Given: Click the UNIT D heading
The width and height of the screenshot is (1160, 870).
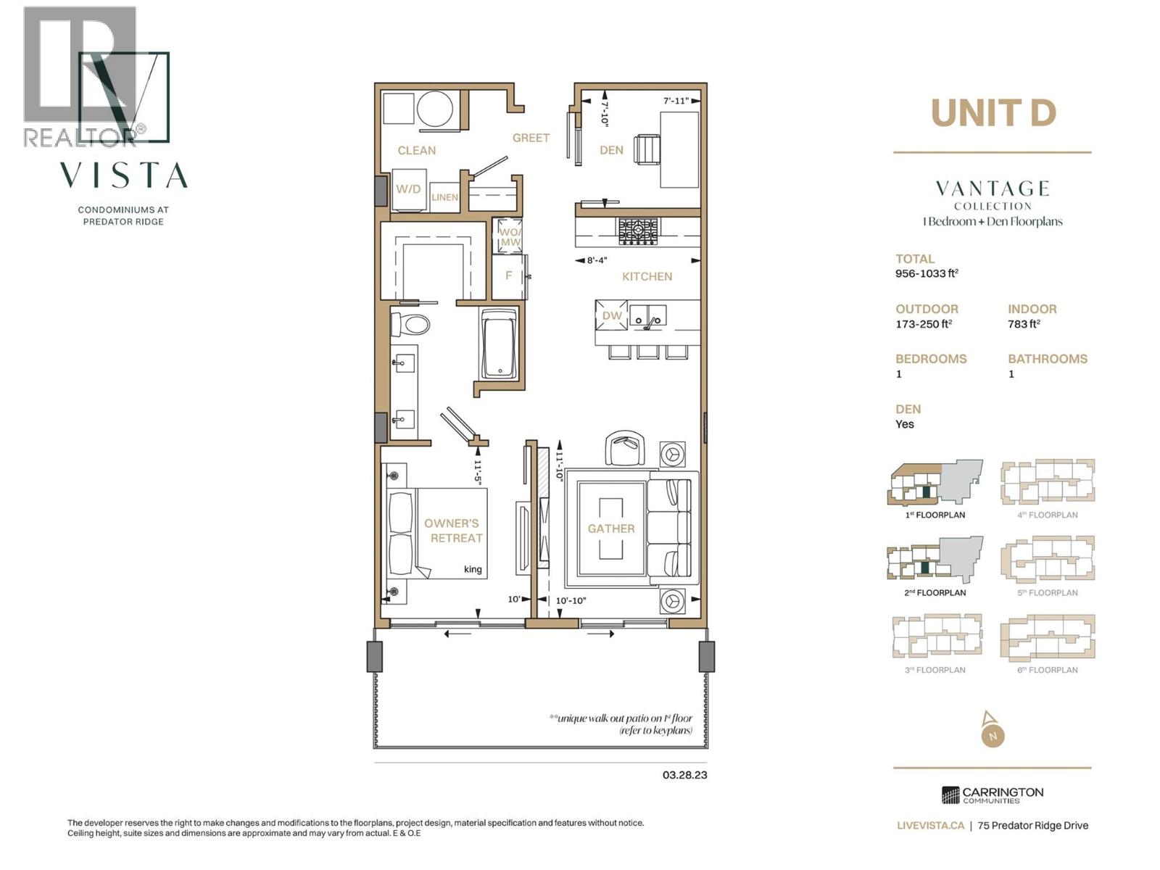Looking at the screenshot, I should [993, 113].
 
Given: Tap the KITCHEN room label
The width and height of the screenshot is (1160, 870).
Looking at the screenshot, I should [647, 276].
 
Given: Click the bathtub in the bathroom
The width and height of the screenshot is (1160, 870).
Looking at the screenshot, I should [499, 343].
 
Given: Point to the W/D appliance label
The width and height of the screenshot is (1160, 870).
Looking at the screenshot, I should [408, 189].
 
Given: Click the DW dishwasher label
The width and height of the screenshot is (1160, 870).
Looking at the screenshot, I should [612, 315].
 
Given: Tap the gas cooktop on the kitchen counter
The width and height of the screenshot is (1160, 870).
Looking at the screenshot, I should [638, 231].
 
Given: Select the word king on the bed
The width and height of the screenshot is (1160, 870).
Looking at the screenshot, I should [473, 569].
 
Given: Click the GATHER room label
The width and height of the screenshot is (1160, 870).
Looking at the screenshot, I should [611, 529].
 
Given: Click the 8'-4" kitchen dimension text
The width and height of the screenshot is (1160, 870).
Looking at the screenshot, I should [597, 260].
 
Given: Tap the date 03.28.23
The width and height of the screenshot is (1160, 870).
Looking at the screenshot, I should [684, 774].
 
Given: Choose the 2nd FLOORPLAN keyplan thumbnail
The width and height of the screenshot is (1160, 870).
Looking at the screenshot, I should [935, 560].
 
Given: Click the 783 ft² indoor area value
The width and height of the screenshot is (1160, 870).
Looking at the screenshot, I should [1024, 324].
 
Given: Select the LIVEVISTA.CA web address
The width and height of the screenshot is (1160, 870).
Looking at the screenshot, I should [930, 825].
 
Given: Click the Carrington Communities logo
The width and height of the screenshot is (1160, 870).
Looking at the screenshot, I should [992, 795].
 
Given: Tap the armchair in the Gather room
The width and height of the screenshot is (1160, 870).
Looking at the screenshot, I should [625, 448].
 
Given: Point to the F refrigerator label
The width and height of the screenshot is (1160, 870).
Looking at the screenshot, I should [509, 275].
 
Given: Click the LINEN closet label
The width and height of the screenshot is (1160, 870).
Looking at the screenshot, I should [444, 197].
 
